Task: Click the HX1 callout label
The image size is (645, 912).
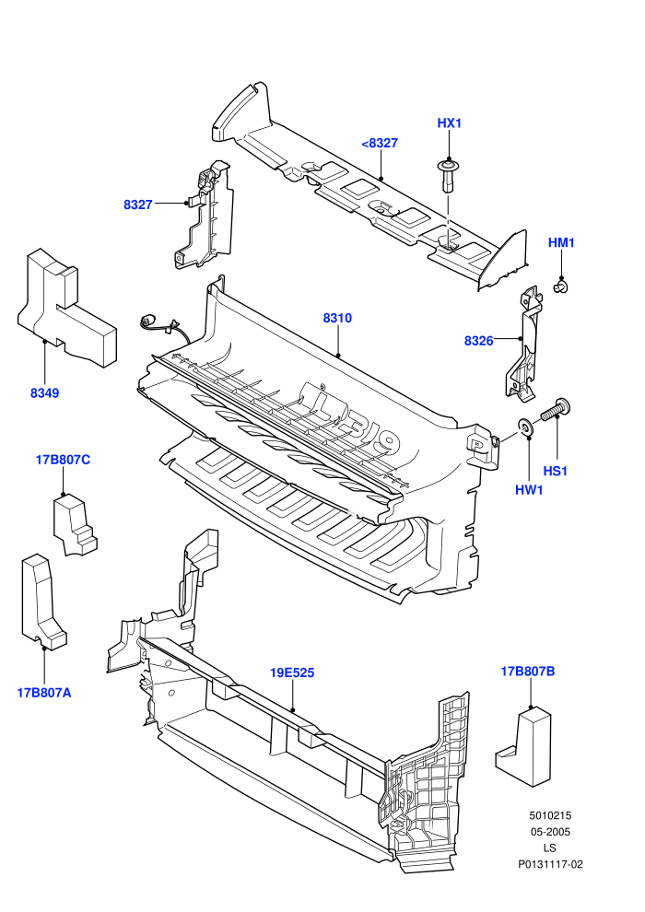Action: click(449, 123)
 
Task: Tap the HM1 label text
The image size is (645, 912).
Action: click(561, 242)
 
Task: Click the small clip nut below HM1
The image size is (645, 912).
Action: click(562, 286)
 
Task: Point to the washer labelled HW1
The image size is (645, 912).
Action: click(527, 428)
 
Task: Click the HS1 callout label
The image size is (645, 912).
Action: click(555, 471)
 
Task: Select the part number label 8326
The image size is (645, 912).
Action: click(478, 341)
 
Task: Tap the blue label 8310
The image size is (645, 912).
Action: click(337, 318)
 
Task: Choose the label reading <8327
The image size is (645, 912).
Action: click(380, 143)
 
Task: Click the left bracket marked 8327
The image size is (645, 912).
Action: click(205, 216)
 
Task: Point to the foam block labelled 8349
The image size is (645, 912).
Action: click(66, 309)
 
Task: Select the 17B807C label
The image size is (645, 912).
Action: click(63, 460)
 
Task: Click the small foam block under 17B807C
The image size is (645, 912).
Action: click(75, 525)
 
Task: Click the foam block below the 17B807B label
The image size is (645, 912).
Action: click(523, 747)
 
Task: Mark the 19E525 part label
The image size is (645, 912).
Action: click(292, 673)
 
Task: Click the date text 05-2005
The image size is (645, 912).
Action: click(550, 832)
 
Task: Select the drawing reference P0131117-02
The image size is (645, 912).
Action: click(550, 864)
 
